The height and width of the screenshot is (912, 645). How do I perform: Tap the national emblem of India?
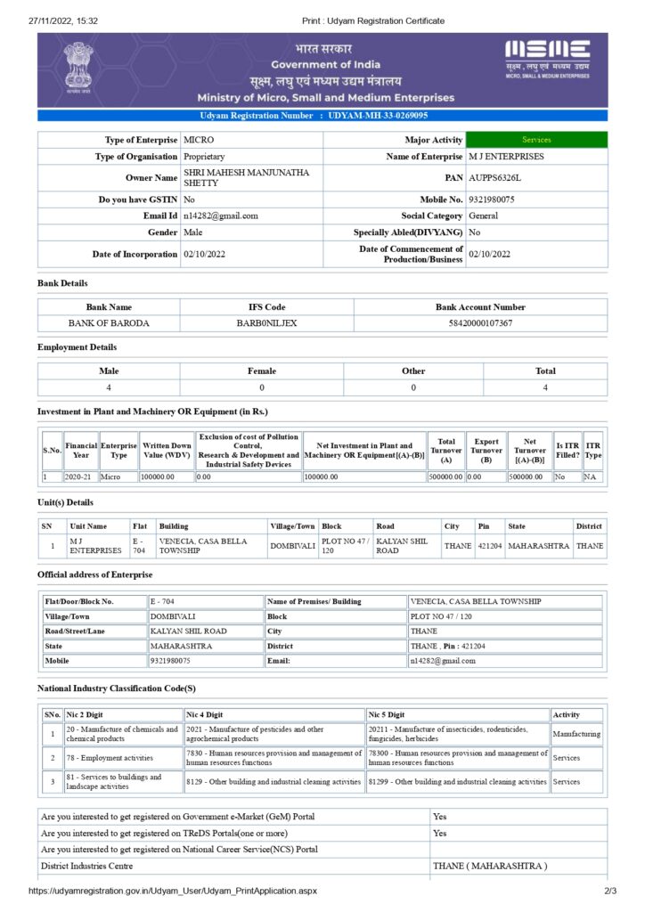click(78, 68)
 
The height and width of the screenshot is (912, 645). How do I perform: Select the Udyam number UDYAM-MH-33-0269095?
click(378, 116)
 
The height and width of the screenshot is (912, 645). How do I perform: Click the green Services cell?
click(536, 140)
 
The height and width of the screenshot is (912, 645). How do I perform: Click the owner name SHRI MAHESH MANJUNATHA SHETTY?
click(246, 177)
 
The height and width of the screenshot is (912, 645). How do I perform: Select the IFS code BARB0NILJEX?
click(266, 322)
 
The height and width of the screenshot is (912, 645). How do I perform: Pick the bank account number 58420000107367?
click(480, 322)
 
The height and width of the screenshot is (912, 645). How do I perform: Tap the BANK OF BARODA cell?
click(109, 322)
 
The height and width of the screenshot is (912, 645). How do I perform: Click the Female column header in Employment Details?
click(261, 370)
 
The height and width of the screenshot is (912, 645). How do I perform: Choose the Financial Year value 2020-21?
click(80, 476)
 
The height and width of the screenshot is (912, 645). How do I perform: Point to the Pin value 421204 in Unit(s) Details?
click(489, 545)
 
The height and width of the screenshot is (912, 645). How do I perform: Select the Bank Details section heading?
click(62, 283)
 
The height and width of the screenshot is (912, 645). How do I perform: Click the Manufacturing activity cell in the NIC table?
click(576, 735)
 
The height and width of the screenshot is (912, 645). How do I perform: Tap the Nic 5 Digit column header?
click(387, 714)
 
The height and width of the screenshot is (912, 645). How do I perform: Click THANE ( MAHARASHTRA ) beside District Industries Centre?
click(490, 866)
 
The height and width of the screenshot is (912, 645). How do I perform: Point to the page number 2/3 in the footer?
click(610, 891)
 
